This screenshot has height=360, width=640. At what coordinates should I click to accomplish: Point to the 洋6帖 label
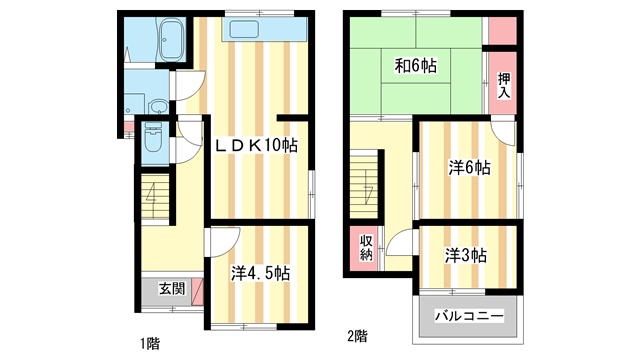pos(467,169)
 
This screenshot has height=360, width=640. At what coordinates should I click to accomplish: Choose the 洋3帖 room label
pos(466,255)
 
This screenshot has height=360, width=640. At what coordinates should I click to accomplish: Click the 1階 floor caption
pos(150,342)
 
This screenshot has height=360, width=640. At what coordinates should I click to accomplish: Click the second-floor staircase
pos(367,185)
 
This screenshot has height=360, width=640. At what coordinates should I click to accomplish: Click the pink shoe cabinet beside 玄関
pos(197,292)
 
